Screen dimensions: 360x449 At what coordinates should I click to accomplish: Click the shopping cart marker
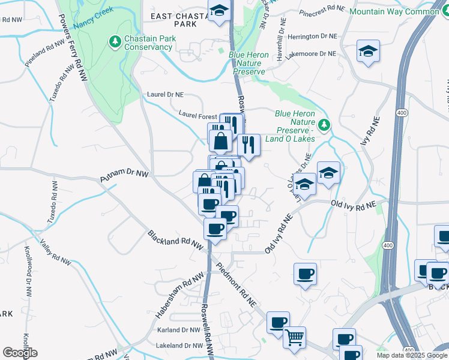[x=294, y=338]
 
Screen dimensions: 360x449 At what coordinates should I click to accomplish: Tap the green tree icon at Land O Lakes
[x=325, y=125]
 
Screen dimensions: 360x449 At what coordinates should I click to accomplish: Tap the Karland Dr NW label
[x=178, y=330]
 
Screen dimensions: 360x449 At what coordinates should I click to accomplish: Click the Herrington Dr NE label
[x=313, y=37]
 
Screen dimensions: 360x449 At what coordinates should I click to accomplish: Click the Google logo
[x=20, y=353]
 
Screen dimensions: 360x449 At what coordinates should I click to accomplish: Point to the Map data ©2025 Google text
[x=412, y=355]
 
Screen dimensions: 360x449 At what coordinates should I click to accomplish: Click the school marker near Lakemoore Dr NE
[x=368, y=51]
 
